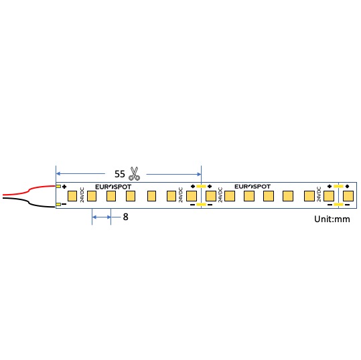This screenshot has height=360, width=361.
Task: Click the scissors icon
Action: pyautogui.click(x=134, y=173)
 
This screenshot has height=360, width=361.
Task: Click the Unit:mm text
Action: pyautogui.click(x=332, y=219)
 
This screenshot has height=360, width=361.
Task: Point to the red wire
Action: pyautogui.click(x=27, y=189)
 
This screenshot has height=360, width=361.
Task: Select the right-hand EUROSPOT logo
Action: pyautogui.click(x=252, y=187)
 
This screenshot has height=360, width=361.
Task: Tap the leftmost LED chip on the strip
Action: pyautogui.click(x=73, y=196)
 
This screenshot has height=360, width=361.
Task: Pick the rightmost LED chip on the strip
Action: pyautogui.click(x=348, y=196)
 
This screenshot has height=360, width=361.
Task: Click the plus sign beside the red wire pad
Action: pyautogui.click(x=64, y=187)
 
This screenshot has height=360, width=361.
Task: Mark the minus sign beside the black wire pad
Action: pyautogui.click(x=64, y=205)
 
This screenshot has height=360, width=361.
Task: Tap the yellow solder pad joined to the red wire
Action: pyautogui.click(x=58, y=187)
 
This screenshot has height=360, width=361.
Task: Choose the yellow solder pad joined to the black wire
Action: pyautogui.click(x=58, y=205)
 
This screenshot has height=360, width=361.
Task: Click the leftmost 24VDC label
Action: pyautogui.click(x=82, y=195)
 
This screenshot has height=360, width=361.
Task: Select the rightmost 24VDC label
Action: pyautogui.click(x=319, y=195)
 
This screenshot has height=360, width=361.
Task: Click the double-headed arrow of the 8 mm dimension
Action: pyautogui.click(x=101, y=217)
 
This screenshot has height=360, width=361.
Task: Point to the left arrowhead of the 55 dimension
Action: pyautogui.click(x=58, y=173)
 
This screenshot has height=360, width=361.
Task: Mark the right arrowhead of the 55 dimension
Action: pyautogui.click(x=198, y=173)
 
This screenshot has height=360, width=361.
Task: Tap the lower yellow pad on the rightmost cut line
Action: pyautogui.click(x=338, y=205)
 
